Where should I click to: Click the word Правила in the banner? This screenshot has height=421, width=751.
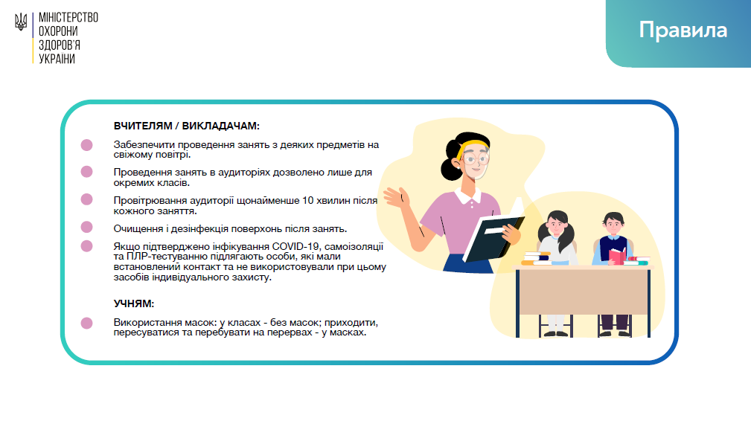tap(683, 30)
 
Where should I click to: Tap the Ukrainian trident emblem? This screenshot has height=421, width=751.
tap(21, 22)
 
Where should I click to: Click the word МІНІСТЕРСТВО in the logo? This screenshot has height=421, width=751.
tap(68, 18)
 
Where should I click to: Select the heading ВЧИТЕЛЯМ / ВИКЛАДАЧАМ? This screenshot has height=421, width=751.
tap(186, 126)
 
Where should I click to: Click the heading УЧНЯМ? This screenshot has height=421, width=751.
tap(134, 303)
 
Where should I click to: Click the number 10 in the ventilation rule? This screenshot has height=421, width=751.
tap(307, 200)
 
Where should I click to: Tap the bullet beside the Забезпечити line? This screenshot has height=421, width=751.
tap(86, 145)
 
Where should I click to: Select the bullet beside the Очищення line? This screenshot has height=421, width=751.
tap(86, 227)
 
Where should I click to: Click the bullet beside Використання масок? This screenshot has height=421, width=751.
tap(86, 324)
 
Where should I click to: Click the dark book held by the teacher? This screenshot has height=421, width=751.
tap(493, 239)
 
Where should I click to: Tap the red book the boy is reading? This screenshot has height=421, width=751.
tap(617, 256)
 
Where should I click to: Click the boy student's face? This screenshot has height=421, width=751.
tap(614, 224)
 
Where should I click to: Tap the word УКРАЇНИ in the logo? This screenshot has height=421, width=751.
tap(57, 59)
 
